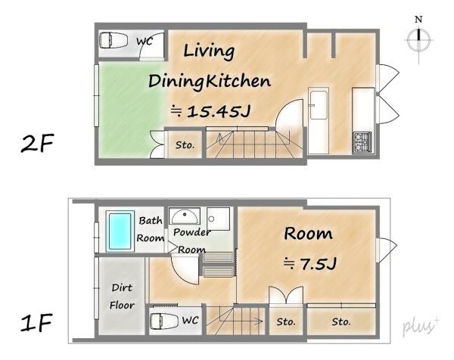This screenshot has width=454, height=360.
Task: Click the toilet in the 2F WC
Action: [113, 40]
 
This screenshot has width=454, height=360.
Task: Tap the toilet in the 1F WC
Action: [164, 321]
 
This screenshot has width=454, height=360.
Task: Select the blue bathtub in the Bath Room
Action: [120, 231]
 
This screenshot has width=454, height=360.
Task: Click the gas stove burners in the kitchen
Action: [362, 142]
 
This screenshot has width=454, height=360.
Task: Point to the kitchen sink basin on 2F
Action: [319, 104]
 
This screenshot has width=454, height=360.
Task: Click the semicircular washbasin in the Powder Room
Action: [185, 216]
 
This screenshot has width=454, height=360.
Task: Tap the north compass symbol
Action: [418, 40]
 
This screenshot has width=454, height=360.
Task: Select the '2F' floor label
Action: [37, 143]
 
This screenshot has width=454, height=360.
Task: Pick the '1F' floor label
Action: [36, 322]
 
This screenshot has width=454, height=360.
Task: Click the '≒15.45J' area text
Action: [210, 111]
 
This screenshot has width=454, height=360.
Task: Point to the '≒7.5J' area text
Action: [309, 263]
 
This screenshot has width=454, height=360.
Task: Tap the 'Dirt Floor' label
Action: [122, 296]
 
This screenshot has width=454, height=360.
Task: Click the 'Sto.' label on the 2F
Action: [185, 144]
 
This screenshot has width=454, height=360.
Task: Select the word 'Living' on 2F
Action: [209, 51]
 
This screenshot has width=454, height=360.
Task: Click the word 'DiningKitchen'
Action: [210, 82]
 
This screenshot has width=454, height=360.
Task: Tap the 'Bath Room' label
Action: [151, 229]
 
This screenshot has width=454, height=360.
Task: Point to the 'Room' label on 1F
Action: [308, 233]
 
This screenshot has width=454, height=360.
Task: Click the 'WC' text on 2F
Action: [145, 41]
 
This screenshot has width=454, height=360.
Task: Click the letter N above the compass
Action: [418, 20]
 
